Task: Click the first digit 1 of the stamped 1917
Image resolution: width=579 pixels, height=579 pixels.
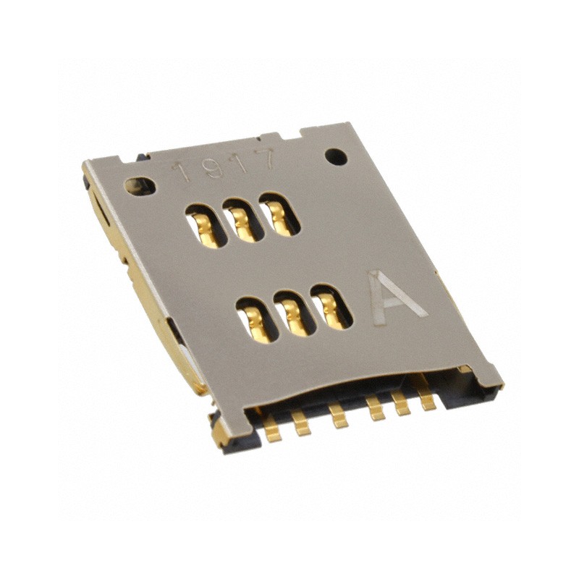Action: tap(185, 170)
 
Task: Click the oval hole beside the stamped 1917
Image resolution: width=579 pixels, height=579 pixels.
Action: tap(139, 186)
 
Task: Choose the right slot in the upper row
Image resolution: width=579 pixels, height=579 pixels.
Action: tap(279, 214)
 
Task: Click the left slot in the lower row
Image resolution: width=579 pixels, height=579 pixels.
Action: tap(258, 319)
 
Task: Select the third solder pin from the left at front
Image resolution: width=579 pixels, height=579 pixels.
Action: tap(337, 416)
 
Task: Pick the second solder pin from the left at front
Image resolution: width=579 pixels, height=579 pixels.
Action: tap(301, 422)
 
